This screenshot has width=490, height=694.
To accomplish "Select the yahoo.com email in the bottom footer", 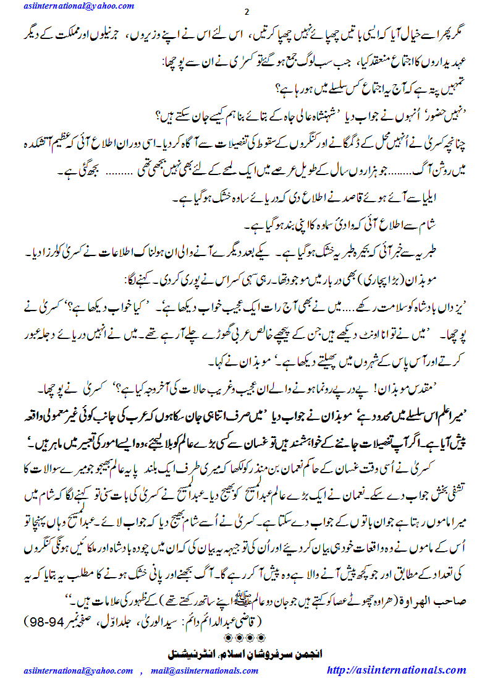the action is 78,670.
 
